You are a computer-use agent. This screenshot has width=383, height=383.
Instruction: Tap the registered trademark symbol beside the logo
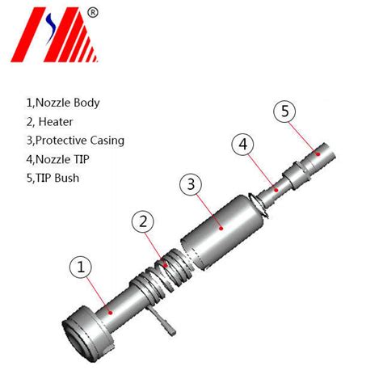[x=93, y=12]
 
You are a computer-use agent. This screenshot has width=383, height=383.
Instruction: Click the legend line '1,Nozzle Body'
[x=74, y=103]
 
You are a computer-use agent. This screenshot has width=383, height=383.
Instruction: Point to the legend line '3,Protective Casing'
[x=85, y=141]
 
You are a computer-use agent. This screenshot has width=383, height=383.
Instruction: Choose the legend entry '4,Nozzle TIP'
[x=68, y=159]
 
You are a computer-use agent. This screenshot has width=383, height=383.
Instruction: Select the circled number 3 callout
[x=191, y=184]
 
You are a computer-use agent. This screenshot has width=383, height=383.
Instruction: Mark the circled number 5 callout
[x=284, y=112]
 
